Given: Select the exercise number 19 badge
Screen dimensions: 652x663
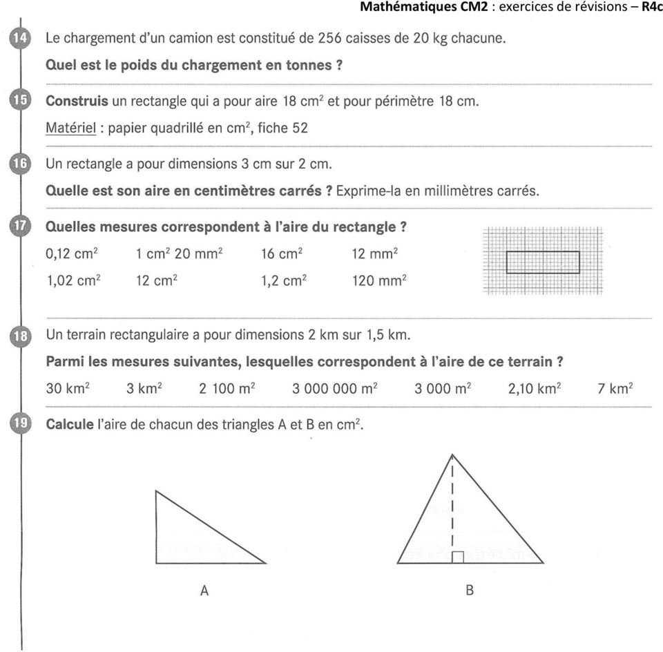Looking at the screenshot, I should [20, 424].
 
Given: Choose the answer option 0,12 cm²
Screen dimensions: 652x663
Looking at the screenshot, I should [71, 253].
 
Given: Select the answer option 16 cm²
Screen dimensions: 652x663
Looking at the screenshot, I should [280, 253].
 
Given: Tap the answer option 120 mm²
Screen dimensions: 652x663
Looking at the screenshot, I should [379, 280].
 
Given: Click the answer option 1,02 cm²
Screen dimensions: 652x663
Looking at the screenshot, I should [71, 280].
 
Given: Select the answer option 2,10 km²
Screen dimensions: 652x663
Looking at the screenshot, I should [533, 388].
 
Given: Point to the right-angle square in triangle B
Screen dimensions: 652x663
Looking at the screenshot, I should [457, 557].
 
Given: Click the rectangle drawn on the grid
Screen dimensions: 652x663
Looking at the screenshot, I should [543, 262].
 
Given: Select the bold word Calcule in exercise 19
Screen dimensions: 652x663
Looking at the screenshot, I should [69, 425].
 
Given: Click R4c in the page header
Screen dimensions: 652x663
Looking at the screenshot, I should [651, 8].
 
